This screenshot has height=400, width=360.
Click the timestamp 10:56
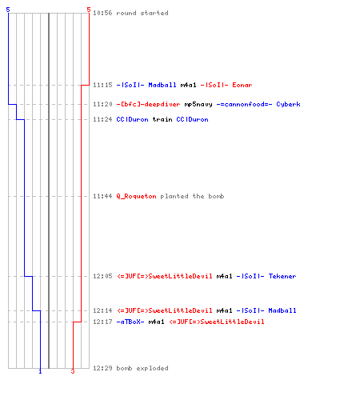(102, 13)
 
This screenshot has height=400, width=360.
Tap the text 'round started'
(142, 13)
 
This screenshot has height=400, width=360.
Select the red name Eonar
(242, 85)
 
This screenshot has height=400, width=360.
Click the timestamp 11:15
(102, 85)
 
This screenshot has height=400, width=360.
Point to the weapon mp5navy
(198, 104)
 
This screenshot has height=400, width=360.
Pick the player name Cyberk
(288, 104)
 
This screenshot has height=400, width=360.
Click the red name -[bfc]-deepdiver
(148, 104)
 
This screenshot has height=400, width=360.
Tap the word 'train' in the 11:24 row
(162, 119)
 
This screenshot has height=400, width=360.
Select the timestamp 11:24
(102, 119)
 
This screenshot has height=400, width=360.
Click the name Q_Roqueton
(136, 196)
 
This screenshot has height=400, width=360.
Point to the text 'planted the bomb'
(192, 196)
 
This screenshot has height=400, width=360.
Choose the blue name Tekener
(282, 276)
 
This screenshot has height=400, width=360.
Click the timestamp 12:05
(102, 276)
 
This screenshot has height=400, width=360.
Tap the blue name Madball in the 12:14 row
(282, 310)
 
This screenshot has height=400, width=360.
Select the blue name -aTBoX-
(130, 322)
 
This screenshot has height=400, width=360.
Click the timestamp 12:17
(102, 322)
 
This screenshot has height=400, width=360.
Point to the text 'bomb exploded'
(142, 368)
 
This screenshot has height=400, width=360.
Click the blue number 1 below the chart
(40, 371)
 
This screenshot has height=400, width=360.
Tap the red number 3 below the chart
(73, 371)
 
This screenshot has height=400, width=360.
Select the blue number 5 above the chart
(8, 10)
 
